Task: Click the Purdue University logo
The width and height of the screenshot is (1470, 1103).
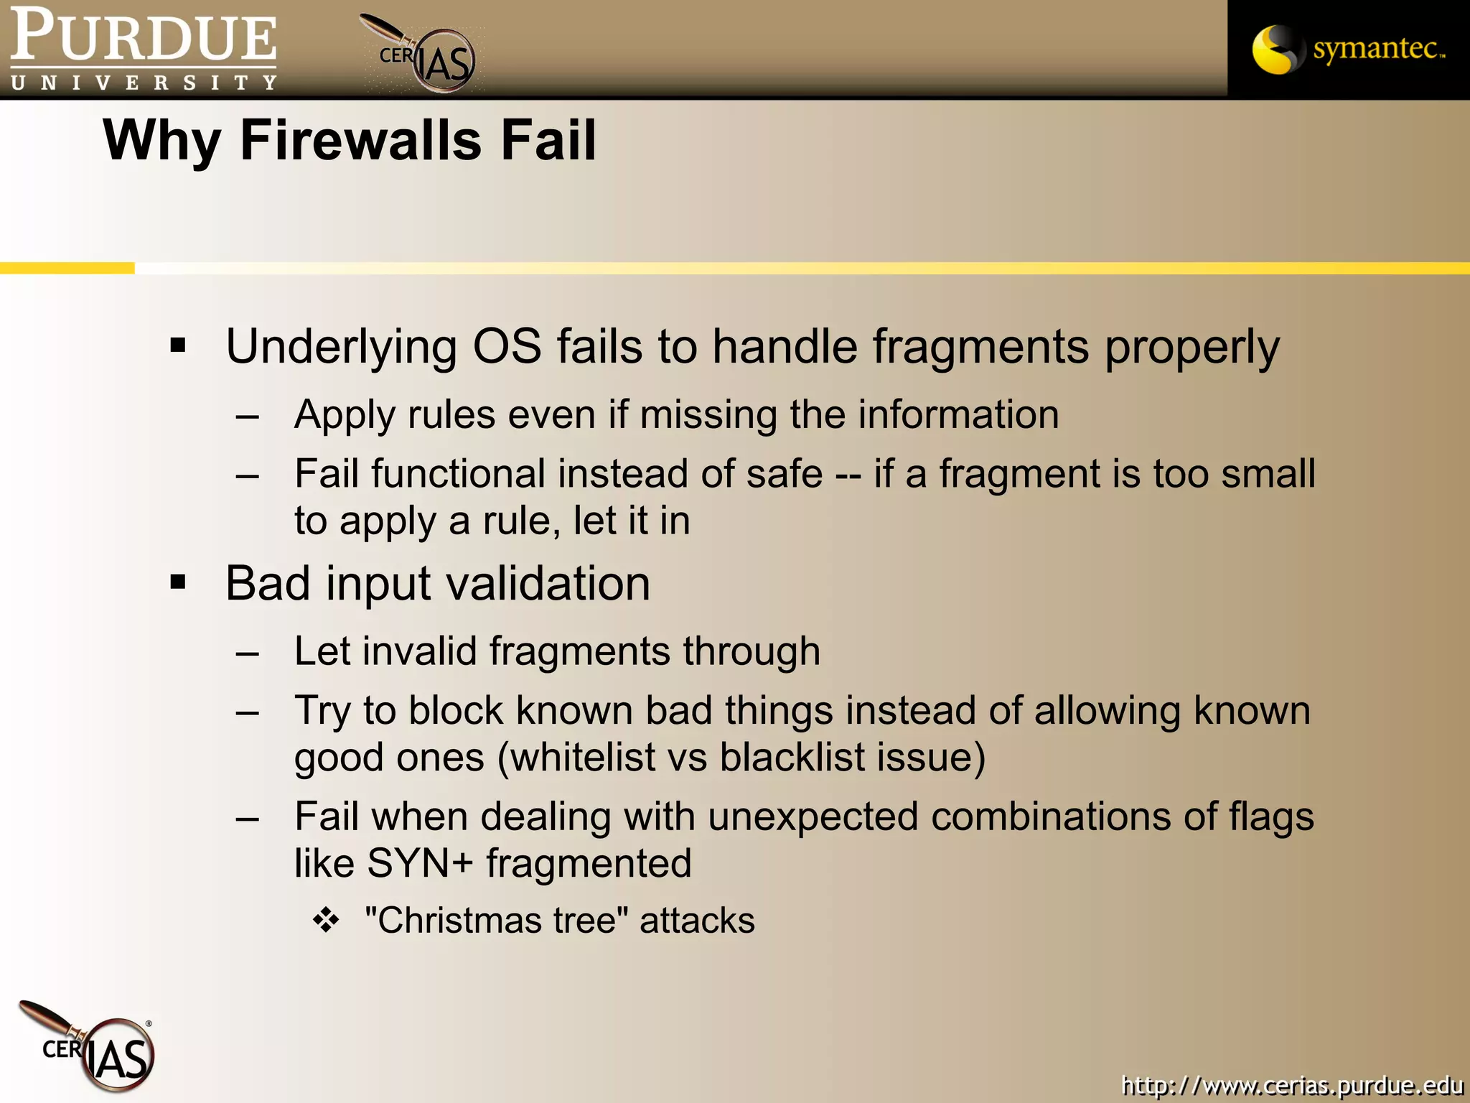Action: pyautogui.click(x=144, y=49)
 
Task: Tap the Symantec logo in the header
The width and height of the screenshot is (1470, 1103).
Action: pyautogui.click(x=1348, y=50)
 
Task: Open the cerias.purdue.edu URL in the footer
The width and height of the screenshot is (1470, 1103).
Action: pyautogui.click(x=1291, y=1085)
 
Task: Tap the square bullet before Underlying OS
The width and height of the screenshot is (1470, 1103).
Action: pyautogui.click(x=178, y=346)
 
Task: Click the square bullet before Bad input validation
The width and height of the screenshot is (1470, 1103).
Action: pyautogui.click(x=178, y=582)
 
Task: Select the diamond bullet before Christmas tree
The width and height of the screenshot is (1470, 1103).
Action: pyautogui.click(x=326, y=920)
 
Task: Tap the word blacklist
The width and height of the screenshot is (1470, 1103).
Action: pyautogui.click(x=792, y=758)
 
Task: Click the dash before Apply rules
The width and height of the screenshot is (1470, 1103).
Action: pyautogui.click(x=247, y=416)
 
